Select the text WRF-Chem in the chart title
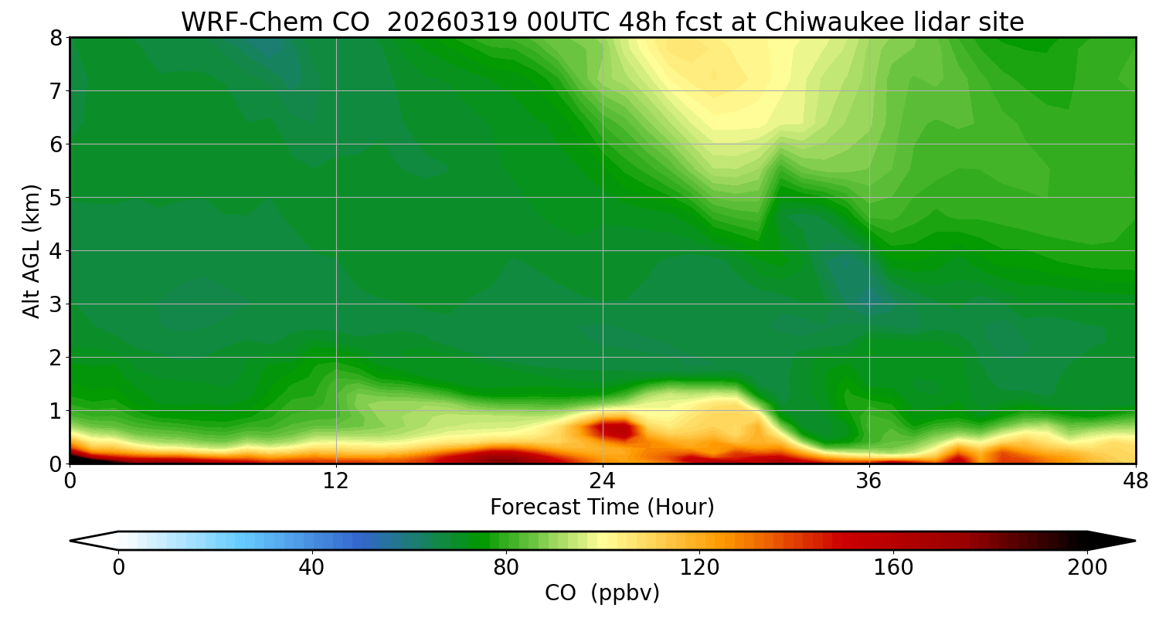point(240,22)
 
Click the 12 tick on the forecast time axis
point(336,480)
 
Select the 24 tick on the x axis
point(603,480)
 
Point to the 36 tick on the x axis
point(869,480)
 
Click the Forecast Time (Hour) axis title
point(602,508)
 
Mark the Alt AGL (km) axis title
point(32,250)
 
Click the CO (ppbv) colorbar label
point(602,593)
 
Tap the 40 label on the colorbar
point(311,568)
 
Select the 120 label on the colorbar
point(699,568)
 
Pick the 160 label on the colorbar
point(893,568)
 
